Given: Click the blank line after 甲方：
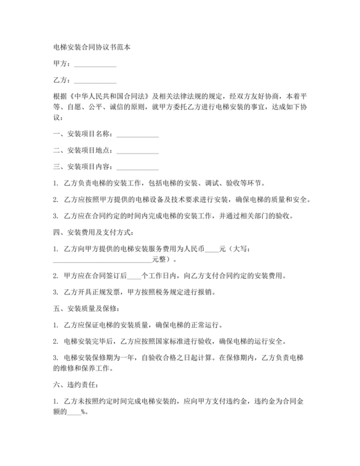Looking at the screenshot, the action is coord(95,64).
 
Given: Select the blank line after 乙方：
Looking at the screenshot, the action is coord(95,81).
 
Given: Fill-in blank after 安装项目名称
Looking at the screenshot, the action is coord(137,134).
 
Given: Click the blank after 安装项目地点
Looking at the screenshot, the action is coord(137,151).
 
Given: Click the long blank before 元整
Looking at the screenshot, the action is coord(102,260).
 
